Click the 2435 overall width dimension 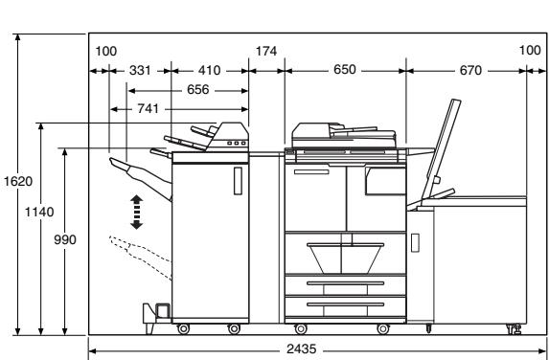[x=301, y=349]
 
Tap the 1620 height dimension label [x=18, y=182]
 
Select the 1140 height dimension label [x=39, y=212]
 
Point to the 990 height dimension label [x=65, y=240]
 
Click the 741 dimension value [x=148, y=109]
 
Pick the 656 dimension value [x=197, y=90]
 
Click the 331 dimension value [x=140, y=70]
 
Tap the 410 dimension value [x=210, y=70]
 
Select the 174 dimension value [x=266, y=51]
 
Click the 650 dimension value [x=345, y=70]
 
